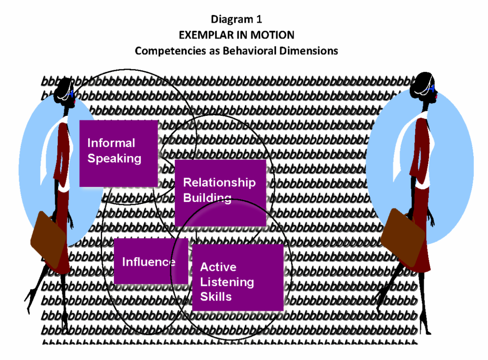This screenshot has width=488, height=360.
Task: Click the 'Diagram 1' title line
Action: click(236, 20)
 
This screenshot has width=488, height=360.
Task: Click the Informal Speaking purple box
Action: click(118, 153)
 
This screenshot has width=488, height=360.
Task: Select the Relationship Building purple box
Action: click(220, 193)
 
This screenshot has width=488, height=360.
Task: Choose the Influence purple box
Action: click(150, 261)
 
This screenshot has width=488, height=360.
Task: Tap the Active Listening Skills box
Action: click(237, 277)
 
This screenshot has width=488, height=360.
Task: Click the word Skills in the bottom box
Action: click(216, 297)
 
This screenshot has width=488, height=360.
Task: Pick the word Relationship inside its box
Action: click(220, 183)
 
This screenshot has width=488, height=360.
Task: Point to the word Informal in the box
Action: click(111, 143)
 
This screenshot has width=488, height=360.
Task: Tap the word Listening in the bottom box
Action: click(227, 282)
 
